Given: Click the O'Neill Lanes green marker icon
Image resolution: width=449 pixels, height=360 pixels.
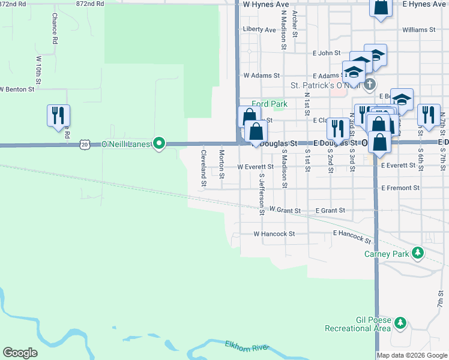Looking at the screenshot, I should point(159,143).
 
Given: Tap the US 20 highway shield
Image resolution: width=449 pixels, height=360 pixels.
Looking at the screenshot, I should point(84,145).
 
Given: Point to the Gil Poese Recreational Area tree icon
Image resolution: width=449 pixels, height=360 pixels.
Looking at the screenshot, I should point(400,325).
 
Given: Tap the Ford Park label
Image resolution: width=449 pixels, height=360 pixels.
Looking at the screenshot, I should point(270,104).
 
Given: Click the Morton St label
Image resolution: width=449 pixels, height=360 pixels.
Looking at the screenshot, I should point(222,164).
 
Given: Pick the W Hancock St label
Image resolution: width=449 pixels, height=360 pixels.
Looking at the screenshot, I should point(274,234).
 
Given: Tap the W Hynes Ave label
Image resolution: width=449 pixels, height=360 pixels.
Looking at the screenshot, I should point(266,4).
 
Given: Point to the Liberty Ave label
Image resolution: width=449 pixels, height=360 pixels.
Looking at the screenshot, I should point(259,29).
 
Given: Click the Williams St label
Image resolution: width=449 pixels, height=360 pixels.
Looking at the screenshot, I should point(418,29).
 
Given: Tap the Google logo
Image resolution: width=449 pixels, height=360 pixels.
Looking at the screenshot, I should point(20,353).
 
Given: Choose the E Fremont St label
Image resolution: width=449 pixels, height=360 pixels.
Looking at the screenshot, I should point(400,188).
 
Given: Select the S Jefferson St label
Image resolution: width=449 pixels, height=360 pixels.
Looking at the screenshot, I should point(262,194).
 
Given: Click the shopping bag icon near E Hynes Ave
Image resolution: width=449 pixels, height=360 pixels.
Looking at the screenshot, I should point(382,7).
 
